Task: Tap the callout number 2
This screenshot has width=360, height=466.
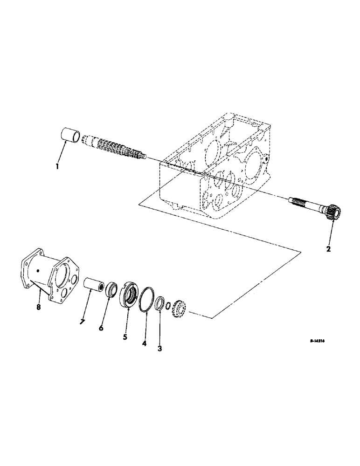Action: pyautogui.click(x=328, y=249)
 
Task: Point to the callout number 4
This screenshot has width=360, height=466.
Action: pyautogui.click(x=145, y=343)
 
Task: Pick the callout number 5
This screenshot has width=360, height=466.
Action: pyautogui.click(x=125, y=336)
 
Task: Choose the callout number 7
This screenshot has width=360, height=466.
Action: pyautogui.click(x=82, y=322)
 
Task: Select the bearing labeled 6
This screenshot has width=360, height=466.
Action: pyautogui.click(x=112, y=289)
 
